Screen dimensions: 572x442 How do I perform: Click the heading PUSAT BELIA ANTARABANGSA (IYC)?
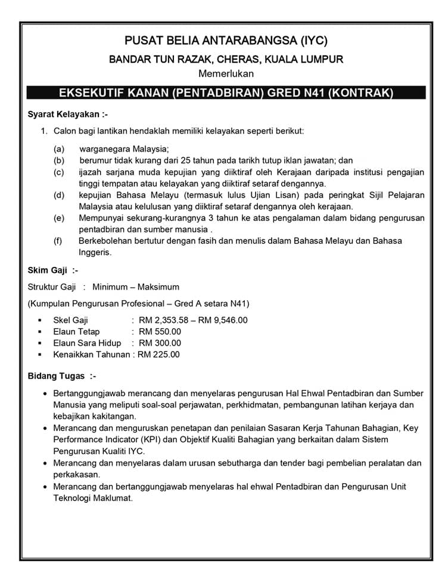click(226, 41)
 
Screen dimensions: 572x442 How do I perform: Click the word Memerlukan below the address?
click(226, 74)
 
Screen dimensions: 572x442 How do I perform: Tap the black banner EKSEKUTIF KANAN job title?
click(226, 93)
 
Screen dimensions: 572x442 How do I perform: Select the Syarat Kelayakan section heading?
click(68, 114)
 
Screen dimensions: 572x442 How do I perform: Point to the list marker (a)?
click(58, 149)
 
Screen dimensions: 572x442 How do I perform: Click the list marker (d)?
click(58, 195)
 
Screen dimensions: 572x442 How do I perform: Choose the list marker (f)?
click(58, 241)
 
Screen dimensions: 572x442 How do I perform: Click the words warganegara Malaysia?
click(124, 149)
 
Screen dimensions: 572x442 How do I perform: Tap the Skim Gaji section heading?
click(53, 270)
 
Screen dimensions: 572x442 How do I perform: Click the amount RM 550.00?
click(160, 331)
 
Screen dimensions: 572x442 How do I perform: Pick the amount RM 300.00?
click(160, 343)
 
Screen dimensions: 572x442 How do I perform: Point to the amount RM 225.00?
click(158, 355)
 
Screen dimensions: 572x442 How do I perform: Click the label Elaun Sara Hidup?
click(87, 343)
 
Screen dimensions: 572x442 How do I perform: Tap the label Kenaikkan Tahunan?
click(91, 355)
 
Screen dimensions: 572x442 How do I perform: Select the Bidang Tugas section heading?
click(62, 377)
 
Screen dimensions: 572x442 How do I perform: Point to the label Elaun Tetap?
click(76, 331)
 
